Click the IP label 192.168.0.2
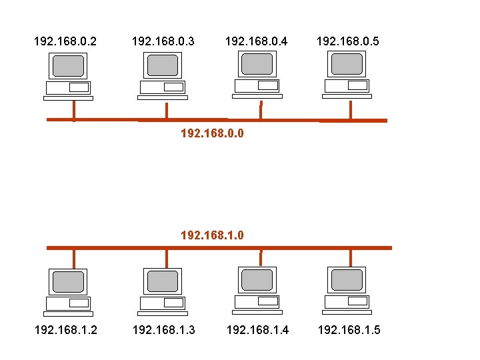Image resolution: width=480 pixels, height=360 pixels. [x=65, y=41]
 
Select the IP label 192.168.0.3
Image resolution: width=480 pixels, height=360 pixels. [x=163, y=41]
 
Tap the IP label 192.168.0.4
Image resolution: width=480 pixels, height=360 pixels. [x=257, y=41]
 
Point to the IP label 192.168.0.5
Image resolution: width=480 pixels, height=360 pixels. [x=347, y=41]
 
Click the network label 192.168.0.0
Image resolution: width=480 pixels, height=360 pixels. [x=212, y=133]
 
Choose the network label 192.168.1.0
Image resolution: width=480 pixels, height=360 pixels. [x=212, y=235]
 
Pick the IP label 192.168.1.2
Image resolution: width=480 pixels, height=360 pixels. [x=65, y=329]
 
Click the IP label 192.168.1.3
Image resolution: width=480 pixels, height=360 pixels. [x=163, y=329]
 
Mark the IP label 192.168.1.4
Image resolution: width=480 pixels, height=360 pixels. [x=258, y=329]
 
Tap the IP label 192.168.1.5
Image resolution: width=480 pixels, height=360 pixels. [x=349, y=329]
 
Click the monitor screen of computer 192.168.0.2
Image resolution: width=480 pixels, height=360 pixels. [x=69, y=66]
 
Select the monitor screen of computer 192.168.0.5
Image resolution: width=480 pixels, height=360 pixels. [x=347, y=64]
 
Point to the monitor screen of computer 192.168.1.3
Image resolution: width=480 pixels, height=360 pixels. [x=163, y=281]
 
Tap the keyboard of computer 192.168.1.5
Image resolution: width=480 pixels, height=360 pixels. [x=347, y=312]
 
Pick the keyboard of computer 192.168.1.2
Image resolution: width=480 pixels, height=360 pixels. [x=68, y=313]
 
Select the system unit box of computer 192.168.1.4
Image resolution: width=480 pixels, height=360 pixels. [x=257, y=301]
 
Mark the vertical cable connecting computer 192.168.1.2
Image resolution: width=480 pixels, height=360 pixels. [x=73, y=258]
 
